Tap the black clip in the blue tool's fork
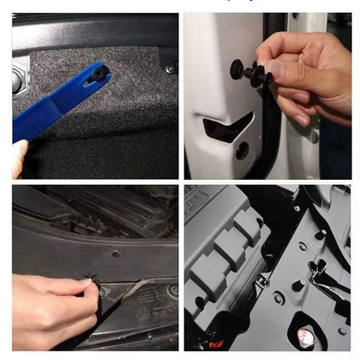[101, 75]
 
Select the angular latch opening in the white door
[227, 128]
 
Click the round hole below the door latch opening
[241, 151]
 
